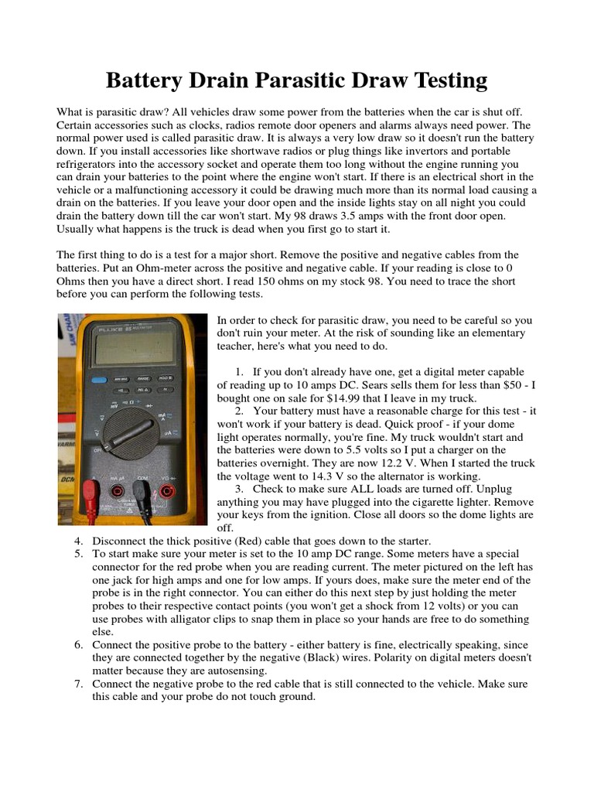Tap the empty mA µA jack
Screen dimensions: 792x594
117,490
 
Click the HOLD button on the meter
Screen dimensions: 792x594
166,379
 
